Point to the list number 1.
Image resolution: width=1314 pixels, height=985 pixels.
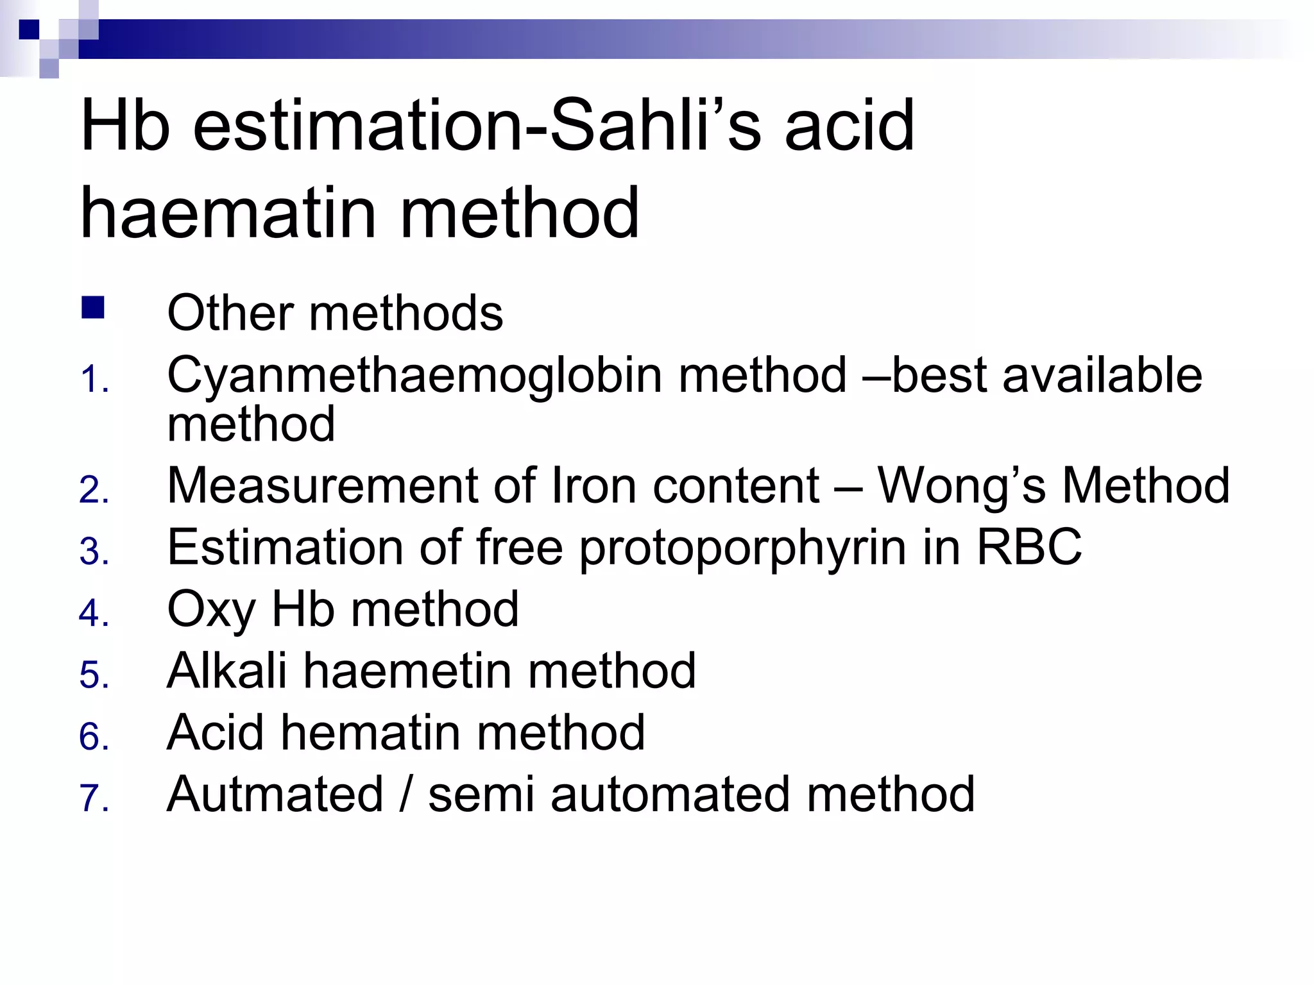pos(92,380)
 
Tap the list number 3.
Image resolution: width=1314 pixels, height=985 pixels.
pos(94,551)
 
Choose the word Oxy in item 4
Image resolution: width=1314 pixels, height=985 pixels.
pos(211,609)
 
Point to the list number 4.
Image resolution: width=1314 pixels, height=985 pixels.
pos(94,613)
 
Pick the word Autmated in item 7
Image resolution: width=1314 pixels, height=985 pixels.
pos(275,794)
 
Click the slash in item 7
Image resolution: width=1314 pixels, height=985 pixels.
pos(405,794)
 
